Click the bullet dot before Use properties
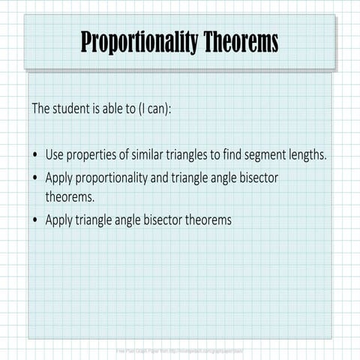(36, 155)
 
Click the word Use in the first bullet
(55, 155)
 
